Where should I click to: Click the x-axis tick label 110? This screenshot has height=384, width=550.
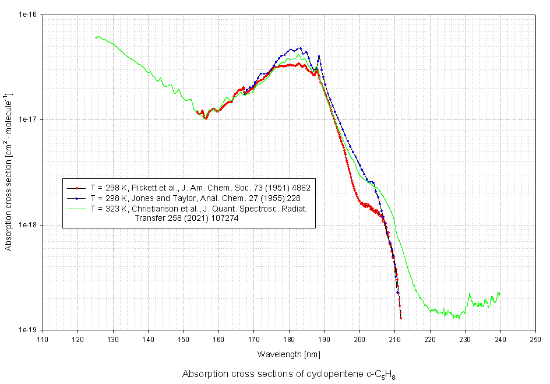coord(42,339)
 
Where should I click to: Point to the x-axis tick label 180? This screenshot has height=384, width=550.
coord(289,339)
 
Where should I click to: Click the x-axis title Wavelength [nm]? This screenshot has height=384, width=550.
coord(288,354)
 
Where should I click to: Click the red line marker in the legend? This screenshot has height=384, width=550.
coord(76,188)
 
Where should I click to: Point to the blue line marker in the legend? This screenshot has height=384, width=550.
coord(76,198)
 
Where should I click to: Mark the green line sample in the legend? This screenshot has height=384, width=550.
coord(76,208)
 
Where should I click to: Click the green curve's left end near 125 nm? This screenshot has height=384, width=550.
coord(96,37)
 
